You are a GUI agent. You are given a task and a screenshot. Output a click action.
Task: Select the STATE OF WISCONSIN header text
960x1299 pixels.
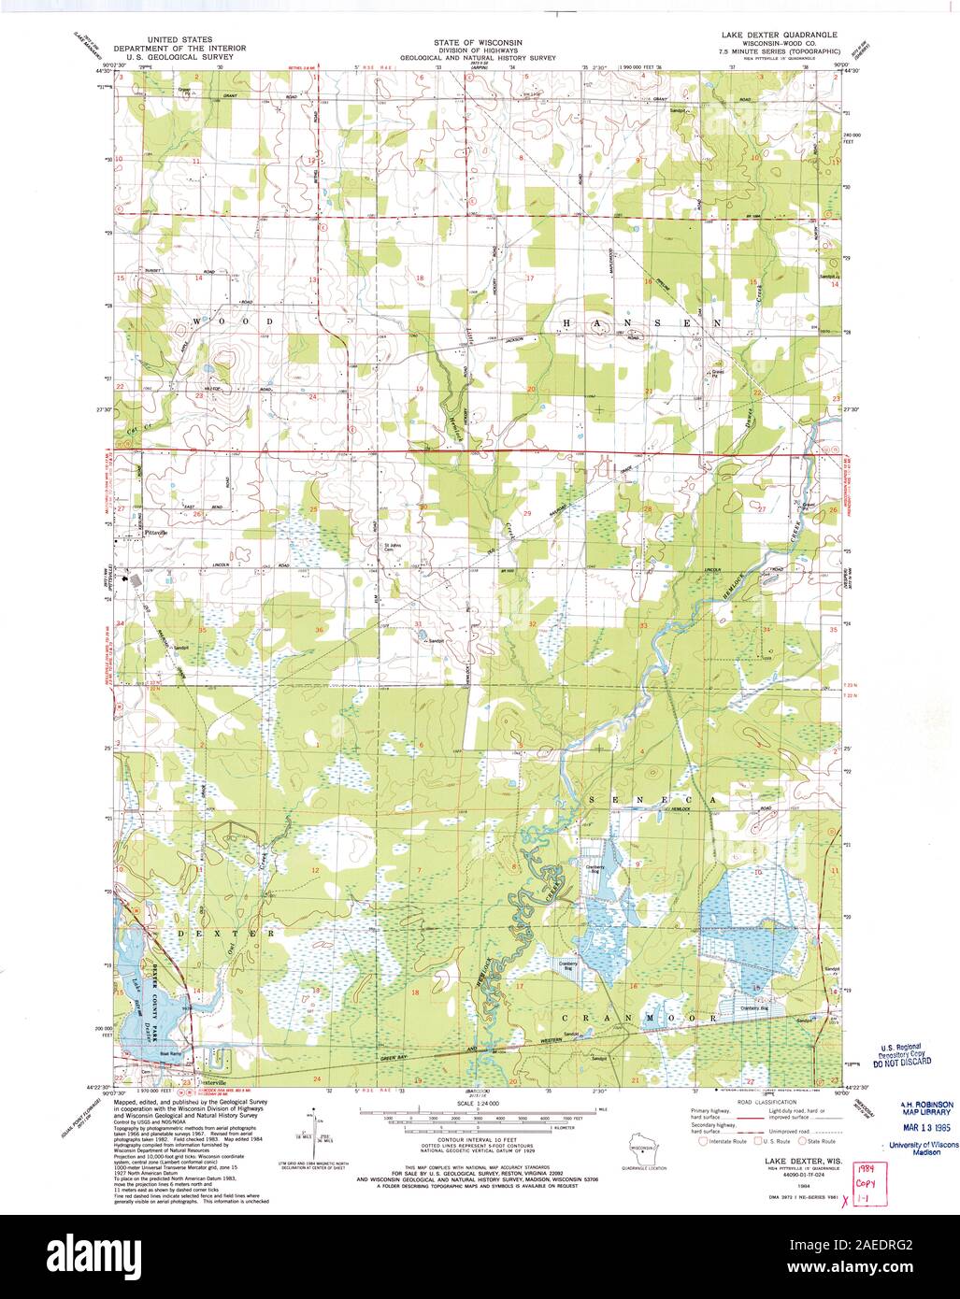point(478,42)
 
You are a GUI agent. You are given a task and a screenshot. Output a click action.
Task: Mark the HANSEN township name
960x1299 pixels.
point(640,321)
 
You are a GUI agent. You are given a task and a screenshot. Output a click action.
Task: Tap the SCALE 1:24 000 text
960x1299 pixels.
point(477,1106)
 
